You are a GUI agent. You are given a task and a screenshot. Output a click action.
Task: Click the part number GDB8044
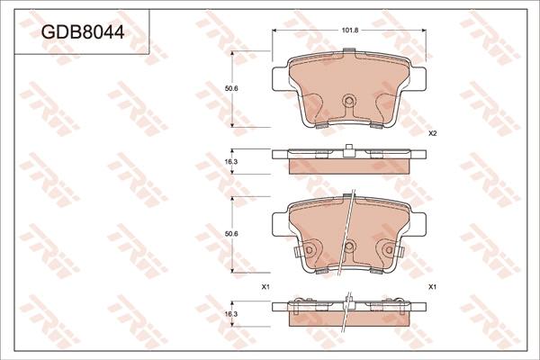click(83, 32)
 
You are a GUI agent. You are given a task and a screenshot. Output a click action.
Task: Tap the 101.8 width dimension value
click(350, 31)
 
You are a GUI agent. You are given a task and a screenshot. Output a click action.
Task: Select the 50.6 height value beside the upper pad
click(232, 88)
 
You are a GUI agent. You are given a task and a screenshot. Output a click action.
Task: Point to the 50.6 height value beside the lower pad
click(232, 234)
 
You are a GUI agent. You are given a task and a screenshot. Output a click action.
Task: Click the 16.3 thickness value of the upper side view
click(231, 161)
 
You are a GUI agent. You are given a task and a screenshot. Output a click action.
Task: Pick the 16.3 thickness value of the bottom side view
click(231, 314)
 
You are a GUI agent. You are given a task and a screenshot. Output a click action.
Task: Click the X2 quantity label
click(432, 134)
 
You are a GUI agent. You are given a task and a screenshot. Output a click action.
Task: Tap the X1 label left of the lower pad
click(265, 286)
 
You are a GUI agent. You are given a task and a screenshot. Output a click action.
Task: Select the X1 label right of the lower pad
click(432, 286)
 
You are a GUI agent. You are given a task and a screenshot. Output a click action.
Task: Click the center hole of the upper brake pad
click(349, 100)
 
